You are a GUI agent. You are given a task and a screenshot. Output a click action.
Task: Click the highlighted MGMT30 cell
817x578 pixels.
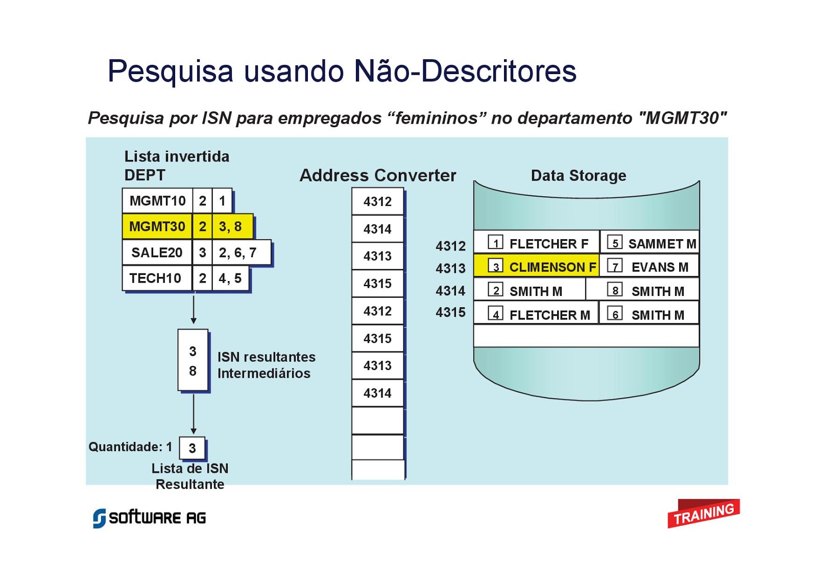[x=157, y=226]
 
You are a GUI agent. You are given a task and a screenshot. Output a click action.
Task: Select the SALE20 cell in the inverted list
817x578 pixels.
[x=157, y=252]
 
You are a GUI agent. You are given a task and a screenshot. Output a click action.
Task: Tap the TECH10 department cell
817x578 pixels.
[x=156, y=279]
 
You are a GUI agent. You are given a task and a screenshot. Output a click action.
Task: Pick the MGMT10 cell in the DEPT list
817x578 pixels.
[x=157, y=201]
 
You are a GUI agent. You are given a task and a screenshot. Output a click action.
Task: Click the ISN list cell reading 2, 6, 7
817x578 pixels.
[x=238, y=252]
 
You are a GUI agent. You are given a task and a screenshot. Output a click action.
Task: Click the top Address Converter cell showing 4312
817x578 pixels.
[x=377, y=201]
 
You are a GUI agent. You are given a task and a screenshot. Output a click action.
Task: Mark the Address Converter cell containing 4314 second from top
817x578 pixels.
[x=377, y=229]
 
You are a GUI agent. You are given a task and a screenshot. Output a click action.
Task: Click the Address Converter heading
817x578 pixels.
[x=378, y=175]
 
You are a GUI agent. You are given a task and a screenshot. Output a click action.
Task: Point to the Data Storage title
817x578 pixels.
[x=579, y=176]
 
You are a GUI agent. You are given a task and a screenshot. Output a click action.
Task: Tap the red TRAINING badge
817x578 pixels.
[x=703, y=514]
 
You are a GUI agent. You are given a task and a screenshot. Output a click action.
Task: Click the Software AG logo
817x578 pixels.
[x=149, y=518]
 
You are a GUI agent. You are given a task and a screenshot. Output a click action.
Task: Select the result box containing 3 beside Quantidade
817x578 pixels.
[x=192, y=448]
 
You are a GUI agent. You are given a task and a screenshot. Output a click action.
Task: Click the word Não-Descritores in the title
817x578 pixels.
[x=465, y=71]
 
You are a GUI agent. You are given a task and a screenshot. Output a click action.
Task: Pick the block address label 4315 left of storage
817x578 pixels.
[x=450, y=312]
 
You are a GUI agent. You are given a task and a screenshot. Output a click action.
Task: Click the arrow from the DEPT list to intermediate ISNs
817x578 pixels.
[x=194, y=309]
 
